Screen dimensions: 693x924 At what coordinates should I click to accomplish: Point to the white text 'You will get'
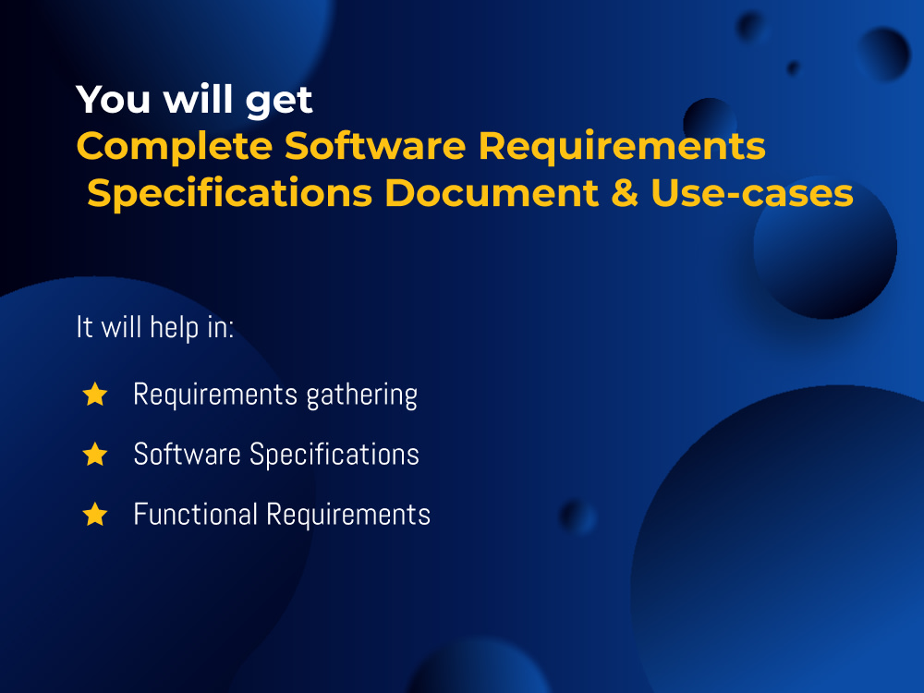[195, 100]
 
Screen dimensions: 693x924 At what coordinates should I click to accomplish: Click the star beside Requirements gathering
[95, 395]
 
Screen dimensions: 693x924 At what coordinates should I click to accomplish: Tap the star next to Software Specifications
[95, 455]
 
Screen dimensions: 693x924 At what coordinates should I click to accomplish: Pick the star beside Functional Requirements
[95, 514]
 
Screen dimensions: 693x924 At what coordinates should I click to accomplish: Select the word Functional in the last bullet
[195, 514]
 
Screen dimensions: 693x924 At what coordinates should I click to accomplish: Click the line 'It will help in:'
[154, 328]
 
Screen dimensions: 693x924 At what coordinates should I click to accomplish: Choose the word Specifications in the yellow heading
[230, 194]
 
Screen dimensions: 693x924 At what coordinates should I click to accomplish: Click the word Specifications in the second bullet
[334, 456]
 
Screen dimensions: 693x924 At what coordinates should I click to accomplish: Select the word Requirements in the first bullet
[213, 395]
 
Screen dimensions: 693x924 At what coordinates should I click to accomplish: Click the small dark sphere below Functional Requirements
[577, 516]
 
